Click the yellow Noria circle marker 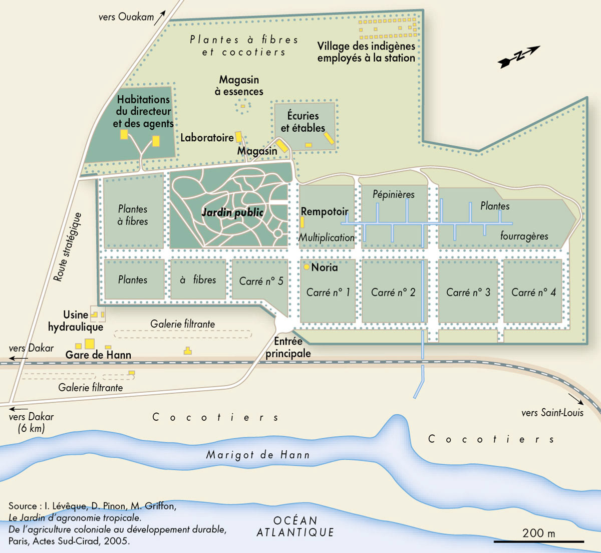307,267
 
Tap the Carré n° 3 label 468,292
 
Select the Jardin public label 232,212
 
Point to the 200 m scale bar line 538,541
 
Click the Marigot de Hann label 258,455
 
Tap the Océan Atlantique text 295,526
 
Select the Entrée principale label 288,347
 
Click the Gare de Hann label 98,355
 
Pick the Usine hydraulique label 76,321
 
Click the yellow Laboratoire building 239,136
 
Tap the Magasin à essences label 239,86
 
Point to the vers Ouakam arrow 160,18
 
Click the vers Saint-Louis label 552,413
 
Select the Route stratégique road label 68,247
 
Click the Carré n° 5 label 261,281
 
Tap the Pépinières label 393,194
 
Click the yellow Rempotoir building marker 302,222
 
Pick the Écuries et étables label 303,121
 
